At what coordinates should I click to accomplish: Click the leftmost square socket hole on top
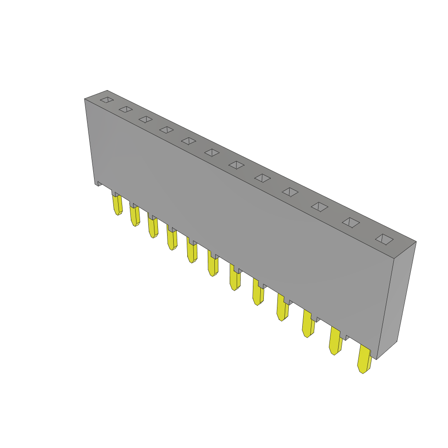[x=107, y=100]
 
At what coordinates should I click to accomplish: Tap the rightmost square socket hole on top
[x=384, y=239]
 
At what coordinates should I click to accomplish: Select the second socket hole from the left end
[x=126, y=109]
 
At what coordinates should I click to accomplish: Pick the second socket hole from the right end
[x=351, y=222]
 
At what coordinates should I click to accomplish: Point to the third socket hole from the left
[x=146, y=119]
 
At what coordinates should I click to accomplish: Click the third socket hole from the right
[x=319, y=206]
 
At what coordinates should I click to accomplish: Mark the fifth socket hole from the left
[x=189, y=141]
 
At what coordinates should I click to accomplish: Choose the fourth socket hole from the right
[x=290, y=192]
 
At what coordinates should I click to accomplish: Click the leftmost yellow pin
[x=117, y=205]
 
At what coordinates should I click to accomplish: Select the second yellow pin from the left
[x=134, y=215]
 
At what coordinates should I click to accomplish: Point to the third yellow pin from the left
[x=153, y=227]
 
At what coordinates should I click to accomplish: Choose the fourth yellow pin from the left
[x=171, y=238]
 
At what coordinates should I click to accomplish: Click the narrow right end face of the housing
[x=396, y=302]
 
